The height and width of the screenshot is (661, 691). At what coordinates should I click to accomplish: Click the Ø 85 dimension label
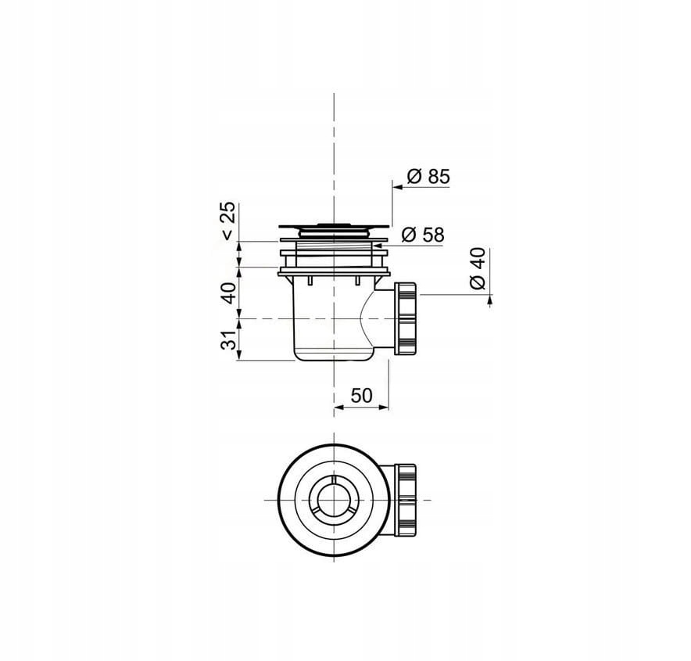pyautogui.click(x=428, y=176)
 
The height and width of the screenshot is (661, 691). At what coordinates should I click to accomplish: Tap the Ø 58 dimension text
pyautogui.click(x=423, y=235)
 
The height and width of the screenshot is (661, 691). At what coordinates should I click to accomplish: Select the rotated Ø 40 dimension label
pyautogui.click(x=478, y=268)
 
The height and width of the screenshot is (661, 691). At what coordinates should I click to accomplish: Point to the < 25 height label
pyautogui.click(x=227, y=221)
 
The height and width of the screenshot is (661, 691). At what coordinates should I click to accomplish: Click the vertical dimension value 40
pyautogui.click(x=229, y=293)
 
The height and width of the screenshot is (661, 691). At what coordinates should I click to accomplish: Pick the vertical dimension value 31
pyautogui.click(x=229, y=339)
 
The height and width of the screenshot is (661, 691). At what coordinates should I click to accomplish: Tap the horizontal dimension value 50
pyautogui.click(x=362, y=396)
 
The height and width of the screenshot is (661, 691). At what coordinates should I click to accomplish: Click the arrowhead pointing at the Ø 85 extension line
pyautogui.click(x=398, y=188)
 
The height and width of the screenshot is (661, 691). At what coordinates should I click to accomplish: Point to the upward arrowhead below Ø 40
pyautogui.click(x=489, y=300)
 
